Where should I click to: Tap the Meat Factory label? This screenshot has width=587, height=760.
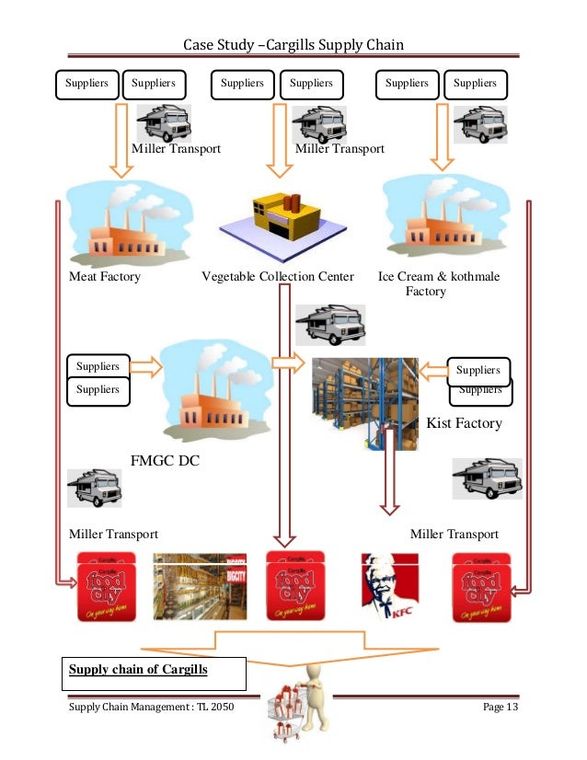[105, 276]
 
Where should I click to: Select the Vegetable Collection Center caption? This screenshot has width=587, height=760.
[278, 276]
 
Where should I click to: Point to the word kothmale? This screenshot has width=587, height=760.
[471, 276]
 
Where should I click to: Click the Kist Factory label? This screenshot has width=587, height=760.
[465, 423]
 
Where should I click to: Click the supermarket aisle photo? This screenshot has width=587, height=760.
[198, 587]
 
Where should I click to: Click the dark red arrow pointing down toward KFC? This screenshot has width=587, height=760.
[390, 483]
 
